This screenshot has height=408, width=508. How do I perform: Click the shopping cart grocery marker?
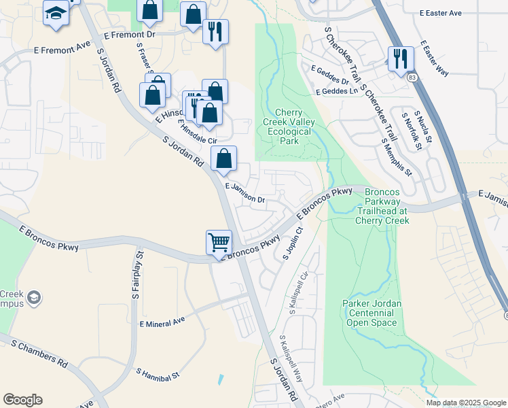click(x=219, y=243)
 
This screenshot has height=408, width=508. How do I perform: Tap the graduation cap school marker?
click(x=55, y=14)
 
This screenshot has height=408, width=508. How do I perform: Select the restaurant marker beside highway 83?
click(x=399, y=59)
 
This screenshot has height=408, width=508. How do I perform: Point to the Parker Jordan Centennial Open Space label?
click(x=369, y=313)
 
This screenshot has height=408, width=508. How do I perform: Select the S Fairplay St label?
click(x=137, y=275)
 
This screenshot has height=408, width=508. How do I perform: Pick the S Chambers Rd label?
click(x=39, y=354)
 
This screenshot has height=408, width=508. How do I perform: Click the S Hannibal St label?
click(x=158, y=373)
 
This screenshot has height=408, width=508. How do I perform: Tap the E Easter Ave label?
click(x=440, y=13)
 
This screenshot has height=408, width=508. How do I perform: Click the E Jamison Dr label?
click(x=245, y=193)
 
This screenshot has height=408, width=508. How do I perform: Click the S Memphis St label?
click(x=397, y=158)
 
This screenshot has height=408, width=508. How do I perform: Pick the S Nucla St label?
click(x=419, y=129)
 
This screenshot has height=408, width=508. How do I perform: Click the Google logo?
click(x=22, y=400)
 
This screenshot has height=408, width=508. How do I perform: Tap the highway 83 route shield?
click(x=413, y=80)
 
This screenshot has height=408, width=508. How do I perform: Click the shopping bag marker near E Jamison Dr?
click(x=223, y=159)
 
